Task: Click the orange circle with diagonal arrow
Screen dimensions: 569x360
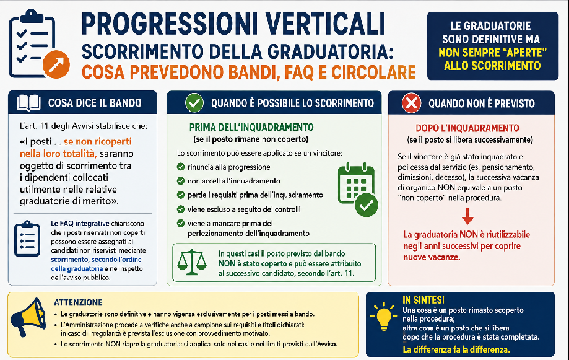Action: point(56,64)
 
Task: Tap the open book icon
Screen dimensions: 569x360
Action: point(28,103)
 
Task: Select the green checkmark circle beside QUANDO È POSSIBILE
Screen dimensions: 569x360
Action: point(194,103)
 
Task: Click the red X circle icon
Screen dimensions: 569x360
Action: point(412,103)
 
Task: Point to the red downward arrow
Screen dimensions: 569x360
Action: point(467,216)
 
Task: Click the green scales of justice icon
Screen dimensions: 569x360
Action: point(191,262)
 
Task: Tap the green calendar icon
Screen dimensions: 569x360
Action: point(357,190)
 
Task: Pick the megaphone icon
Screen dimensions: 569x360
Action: point(28,317)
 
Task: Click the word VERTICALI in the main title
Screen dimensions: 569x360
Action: point(325,24)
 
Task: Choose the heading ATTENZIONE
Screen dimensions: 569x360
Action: point(78,302)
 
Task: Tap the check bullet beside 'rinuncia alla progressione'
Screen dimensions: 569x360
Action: point(181,167)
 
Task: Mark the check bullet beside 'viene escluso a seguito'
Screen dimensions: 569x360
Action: point(181,209)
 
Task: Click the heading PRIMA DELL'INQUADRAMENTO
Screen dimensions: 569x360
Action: point(251,127)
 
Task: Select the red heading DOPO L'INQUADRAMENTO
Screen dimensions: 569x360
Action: point(467,128)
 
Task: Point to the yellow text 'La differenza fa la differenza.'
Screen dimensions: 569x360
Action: point(456,349)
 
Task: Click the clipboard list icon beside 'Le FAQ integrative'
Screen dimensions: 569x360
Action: point(27,239)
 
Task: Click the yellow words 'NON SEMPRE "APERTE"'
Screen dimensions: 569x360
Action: point(492,53)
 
